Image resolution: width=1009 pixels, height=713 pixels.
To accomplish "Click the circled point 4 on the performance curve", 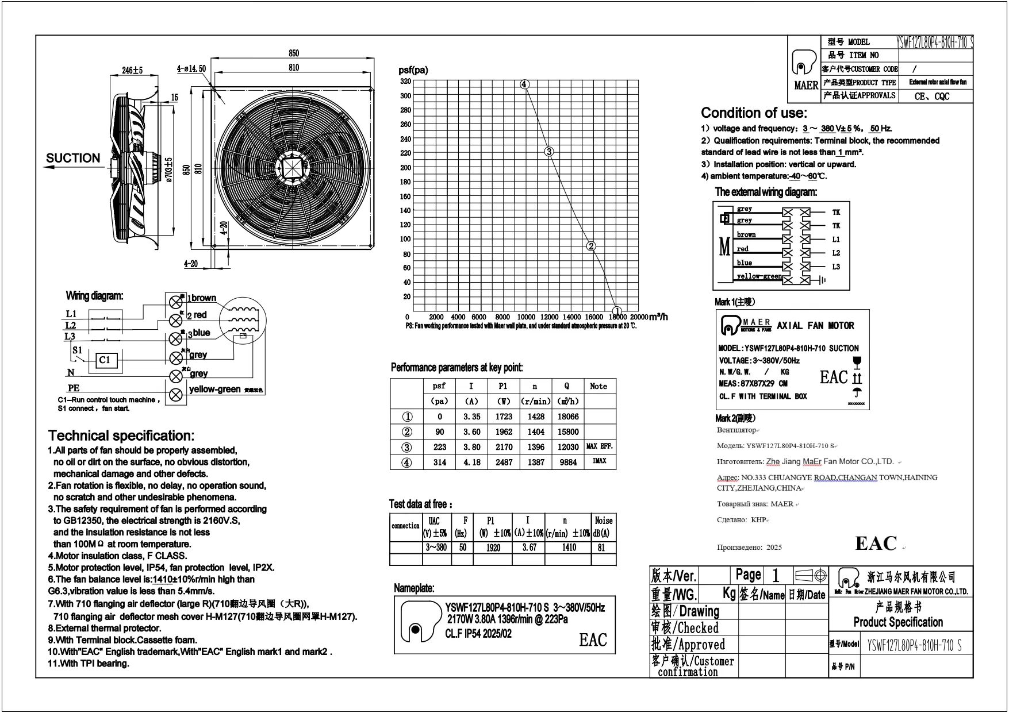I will [x=524, y=84].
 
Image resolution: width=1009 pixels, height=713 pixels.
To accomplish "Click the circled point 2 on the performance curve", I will [x=591, y=246].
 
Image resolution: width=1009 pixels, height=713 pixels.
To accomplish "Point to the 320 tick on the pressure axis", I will [x=406, y=82].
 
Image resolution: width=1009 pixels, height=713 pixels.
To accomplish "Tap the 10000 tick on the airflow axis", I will [x=526, y=317].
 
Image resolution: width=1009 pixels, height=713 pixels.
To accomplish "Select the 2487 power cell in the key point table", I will [x=504, y=463].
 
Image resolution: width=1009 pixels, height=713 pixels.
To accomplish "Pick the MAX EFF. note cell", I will [x=600, y=446].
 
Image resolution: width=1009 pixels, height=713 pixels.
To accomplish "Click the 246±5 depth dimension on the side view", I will [x=132, y=71].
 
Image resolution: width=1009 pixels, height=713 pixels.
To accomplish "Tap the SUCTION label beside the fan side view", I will [x=73, y=158].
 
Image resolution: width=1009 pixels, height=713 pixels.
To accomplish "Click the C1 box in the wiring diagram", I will [x=104, y=360].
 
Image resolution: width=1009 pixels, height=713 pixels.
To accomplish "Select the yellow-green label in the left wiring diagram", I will [x=214, y=390].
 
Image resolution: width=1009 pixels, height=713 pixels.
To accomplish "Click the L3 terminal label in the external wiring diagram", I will [x=836, y=267].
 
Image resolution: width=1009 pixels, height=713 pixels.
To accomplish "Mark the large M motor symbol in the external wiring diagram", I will [x=724, y=247].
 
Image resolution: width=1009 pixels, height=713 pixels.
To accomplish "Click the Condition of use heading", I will [x=754, y=113].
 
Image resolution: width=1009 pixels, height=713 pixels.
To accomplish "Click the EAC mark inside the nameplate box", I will [x=593, y=639].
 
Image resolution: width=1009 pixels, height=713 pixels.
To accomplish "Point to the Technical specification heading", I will [x=121, y=435].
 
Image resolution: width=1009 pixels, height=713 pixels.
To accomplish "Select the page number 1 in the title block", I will [x=775, y=575].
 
